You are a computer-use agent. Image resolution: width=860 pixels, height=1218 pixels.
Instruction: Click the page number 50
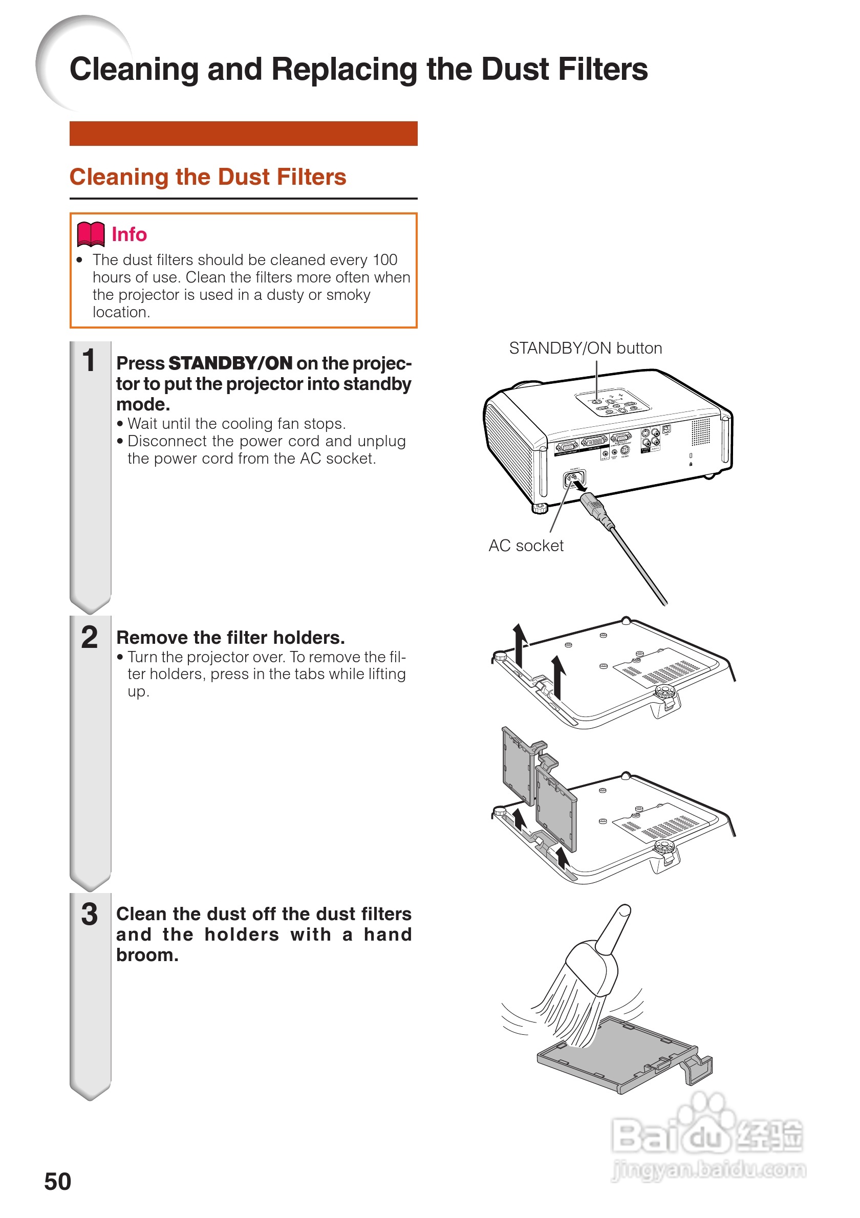point(57,1181)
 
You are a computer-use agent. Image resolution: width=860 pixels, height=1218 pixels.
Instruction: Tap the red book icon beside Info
point(91,234)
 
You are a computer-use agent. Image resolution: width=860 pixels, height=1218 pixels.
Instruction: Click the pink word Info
point(129,234)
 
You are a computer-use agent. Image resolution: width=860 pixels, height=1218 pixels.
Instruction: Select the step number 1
point(89,360)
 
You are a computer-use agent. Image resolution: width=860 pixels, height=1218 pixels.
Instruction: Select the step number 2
point(89,637)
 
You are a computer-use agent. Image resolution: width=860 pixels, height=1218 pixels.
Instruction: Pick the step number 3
point(89,914)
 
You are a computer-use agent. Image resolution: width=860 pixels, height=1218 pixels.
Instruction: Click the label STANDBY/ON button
point(585,348)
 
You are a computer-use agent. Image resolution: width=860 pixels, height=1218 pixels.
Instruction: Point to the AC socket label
point(526,546)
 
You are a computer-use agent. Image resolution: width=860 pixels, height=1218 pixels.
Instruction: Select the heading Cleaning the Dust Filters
point(207,177)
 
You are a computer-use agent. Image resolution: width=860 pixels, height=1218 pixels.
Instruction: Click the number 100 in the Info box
point(384,260)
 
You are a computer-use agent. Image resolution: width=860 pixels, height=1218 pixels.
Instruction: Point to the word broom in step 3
point(147,955)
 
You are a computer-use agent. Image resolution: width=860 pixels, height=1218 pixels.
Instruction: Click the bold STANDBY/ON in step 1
point(230,363)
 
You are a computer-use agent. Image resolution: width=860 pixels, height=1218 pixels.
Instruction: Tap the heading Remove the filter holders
point(230,637)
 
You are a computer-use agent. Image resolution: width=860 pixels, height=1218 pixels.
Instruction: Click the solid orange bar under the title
point(243,133)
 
